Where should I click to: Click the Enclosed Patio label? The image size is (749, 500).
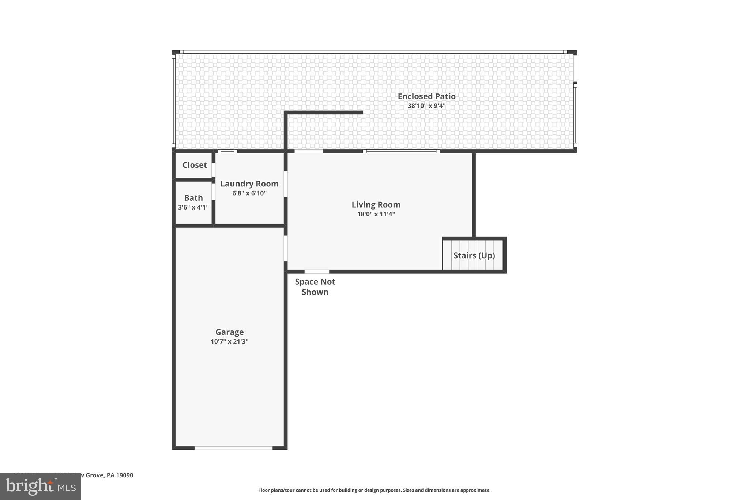coord(426,96)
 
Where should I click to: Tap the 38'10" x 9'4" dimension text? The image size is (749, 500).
coord(426,106)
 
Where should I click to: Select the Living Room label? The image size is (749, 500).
coord(376,205)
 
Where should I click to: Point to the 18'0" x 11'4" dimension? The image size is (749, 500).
coord(376,214)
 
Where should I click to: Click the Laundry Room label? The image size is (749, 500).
coord(249,184)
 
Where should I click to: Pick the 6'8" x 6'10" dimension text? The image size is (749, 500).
coord(249,193)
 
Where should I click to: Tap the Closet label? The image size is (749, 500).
coord(195,165)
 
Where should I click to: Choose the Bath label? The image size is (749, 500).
coord(193,198)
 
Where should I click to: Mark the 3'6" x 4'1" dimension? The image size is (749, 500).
coord(193,208)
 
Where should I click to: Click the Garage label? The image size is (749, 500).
coord(229,332)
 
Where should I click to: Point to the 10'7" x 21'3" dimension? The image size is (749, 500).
coord(229,342)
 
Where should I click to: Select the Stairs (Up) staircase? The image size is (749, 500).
coord(474,255)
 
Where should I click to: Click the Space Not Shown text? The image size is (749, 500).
coord(315,287)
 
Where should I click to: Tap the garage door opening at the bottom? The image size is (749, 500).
coord(233,448)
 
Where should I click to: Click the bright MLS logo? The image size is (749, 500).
coord(41,487)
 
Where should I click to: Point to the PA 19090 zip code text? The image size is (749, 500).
coord(120,475)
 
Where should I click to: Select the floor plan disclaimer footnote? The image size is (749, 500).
coord(374,490)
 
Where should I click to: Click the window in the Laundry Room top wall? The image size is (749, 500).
coord(227,151)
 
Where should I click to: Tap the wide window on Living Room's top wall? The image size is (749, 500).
coord(401,151)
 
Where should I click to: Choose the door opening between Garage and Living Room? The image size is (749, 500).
coord(286,248)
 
